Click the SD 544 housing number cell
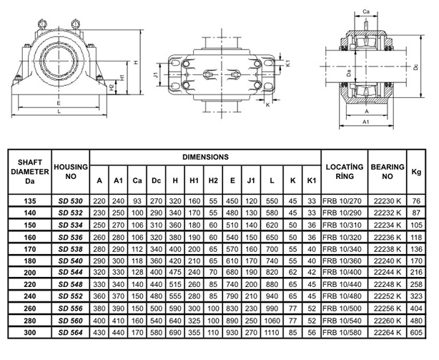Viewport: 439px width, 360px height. point(71,272)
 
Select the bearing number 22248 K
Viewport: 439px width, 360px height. point(388,284)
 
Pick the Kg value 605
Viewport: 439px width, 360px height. point(416,333)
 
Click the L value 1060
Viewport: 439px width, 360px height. point(272,321)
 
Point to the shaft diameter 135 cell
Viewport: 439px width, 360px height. point(30,201)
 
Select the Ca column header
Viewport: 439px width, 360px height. point(137,180)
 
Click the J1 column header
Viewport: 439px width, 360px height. point(251,180)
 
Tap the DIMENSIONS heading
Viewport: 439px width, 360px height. point(205,157)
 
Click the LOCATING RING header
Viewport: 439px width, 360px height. point(345,172)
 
